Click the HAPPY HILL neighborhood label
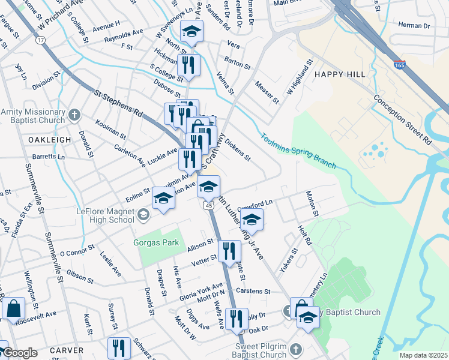334,74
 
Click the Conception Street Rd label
402,118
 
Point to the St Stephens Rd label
119,102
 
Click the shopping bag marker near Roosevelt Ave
13,309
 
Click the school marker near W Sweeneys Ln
191,32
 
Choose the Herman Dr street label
414,26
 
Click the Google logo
20,352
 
